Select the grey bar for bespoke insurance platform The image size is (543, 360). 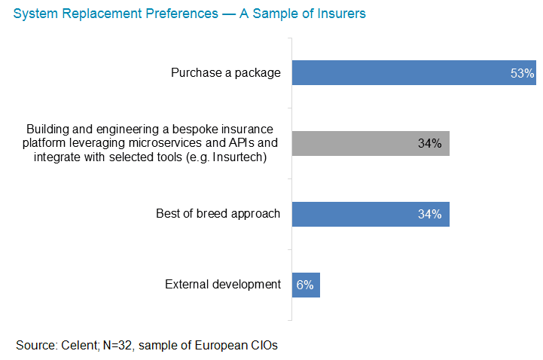point(370,143)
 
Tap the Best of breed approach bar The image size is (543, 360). point(370,214)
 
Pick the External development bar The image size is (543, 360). point(306,285)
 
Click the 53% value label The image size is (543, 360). point(522,73)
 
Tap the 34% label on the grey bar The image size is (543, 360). point(429,143)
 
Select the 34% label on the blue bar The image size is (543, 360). point(429,214)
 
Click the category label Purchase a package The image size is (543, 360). point(225,73)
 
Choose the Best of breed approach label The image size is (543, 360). point(218,214)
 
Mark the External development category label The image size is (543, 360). point(222,285)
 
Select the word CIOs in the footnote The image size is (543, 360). point(264,346)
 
